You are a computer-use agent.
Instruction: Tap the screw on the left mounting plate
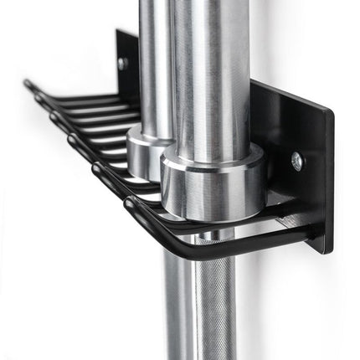click(122, 62)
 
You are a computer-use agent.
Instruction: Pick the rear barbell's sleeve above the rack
click(154, 59)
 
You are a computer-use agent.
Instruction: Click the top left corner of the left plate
click(117, 31)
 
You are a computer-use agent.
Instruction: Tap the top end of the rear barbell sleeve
click(154, 3)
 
